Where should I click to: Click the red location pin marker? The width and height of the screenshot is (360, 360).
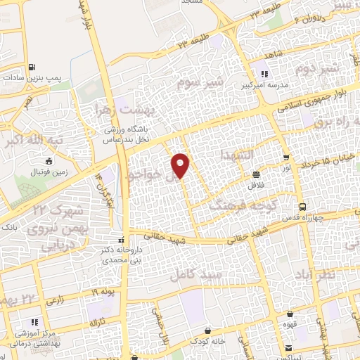(x=181, y=165)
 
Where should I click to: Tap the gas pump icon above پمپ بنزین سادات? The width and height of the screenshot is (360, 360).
(x=32, y=67)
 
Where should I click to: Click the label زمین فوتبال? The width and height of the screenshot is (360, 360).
(x=46, y=170)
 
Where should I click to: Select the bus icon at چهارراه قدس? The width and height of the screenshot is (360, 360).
(x=302, y=207)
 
